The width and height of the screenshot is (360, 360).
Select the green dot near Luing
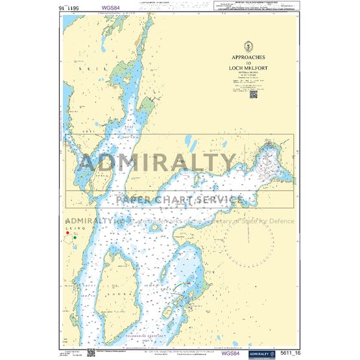(x=75, y=237)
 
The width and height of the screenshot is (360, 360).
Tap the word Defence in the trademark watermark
(x=281, y=221)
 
